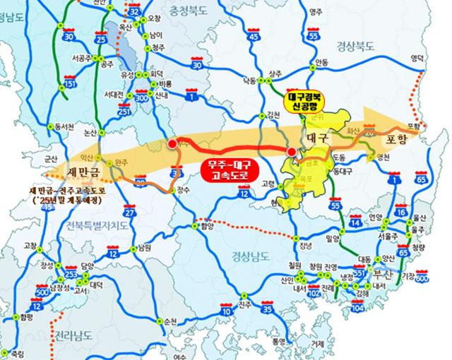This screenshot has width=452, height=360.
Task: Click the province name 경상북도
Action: coord(357,47)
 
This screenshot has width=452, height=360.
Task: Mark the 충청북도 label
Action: coord(189,10)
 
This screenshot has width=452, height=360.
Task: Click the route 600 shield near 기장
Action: coord(422,279)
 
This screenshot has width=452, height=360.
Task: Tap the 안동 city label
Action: coord(322,61)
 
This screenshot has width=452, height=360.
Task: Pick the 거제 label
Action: coord(318,344)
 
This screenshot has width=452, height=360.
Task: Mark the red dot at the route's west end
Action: coord(172,144)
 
